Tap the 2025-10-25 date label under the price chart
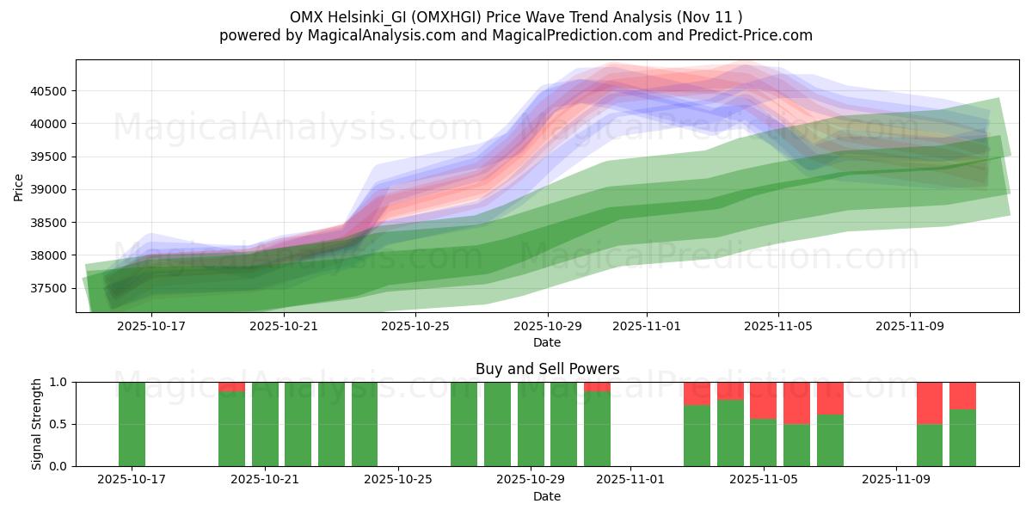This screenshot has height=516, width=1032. click(415, 326)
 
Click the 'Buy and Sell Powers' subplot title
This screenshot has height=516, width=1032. click(547, 369)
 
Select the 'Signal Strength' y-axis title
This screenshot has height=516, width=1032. click(36, 424)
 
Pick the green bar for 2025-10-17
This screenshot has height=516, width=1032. click(132, 424)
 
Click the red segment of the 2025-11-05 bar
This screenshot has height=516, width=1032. click(763, 400)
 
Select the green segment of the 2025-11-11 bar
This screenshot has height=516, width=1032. click(962, 438)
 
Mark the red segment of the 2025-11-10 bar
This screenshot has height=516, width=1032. click(930, 402)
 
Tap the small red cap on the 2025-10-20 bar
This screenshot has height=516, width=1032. click(231, 387)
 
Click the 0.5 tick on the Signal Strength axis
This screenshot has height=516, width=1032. click(60, 424)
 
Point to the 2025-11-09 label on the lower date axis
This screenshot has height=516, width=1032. click(896, 479)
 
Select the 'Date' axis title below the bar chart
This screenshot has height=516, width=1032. click(547, 496)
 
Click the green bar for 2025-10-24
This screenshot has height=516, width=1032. click(365, 424)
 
